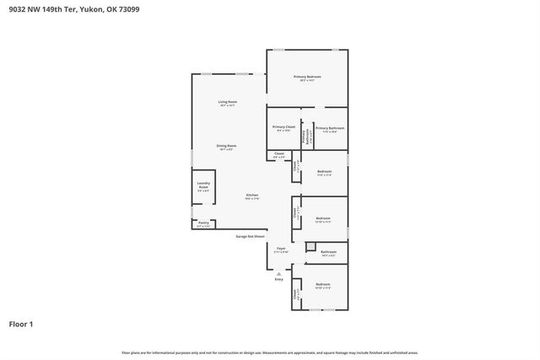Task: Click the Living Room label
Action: click(228, 102)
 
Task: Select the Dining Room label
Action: click(226, 146)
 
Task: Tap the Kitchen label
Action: click(252, 195)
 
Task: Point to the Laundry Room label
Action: click(203, 185)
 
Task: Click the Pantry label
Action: click(203, 224)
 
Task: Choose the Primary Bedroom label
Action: click(307, 77)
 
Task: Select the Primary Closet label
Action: click(283, 126)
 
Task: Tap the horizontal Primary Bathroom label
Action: click(331, 128)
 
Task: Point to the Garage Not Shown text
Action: click(250, 237)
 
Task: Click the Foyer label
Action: click(281, 249)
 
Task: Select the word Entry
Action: click(279, 279)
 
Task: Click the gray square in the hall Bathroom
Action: click(310, 246)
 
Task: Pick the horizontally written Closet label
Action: click(279, 154)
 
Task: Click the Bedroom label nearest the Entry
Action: click(323, 285)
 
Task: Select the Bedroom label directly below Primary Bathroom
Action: click(324, 172)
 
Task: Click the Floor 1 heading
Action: click(21, 324)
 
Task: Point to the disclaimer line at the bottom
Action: click(270, 352)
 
